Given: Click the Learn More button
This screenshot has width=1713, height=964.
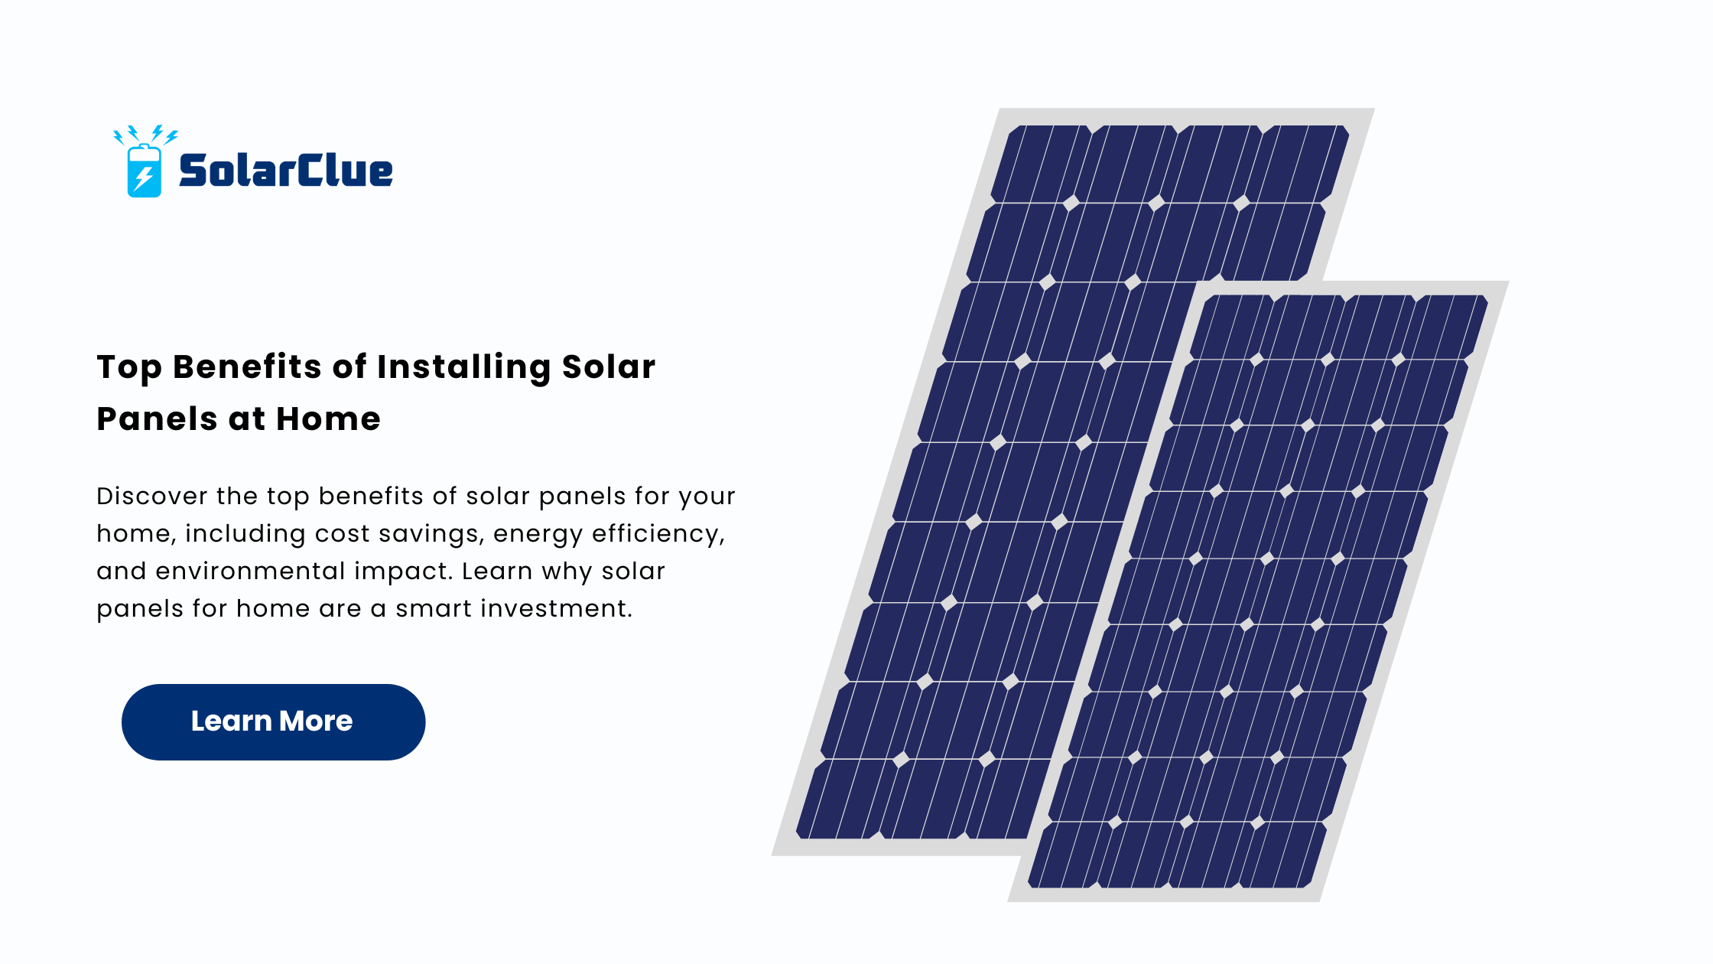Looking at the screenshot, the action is (x=273, y=721).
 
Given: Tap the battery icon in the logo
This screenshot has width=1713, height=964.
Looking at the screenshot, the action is (x=145, y=171).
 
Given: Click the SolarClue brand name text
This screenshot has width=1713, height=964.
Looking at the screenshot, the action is (x=286, y=170).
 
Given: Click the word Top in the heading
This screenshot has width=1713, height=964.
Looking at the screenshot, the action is (x=129, y=368).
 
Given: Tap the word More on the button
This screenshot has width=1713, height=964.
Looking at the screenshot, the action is (x=316, y=721).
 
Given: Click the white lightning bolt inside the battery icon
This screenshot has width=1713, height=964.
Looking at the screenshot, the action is (x=144, y=178).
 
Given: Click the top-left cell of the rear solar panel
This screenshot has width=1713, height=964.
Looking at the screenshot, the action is (x=1041, y=164).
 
